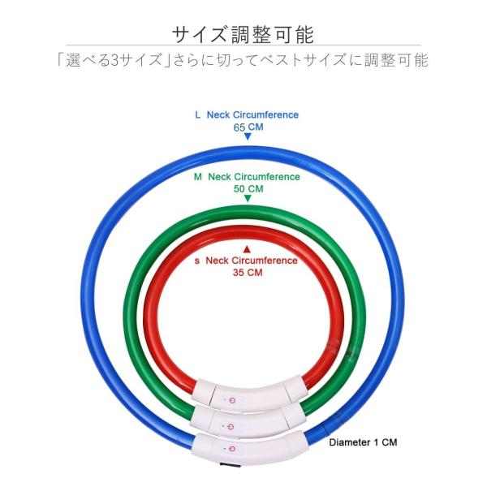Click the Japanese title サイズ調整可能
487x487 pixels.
[x=243, y=33]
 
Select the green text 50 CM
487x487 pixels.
[x=248, y=188]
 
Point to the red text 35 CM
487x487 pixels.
[x=247, y=273]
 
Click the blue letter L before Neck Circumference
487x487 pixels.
[x=197, y=115]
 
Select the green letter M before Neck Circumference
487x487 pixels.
[x=198, y=176]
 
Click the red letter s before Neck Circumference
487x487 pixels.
[x=197, y=261]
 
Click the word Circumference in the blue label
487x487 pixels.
[x=266, y=115]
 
